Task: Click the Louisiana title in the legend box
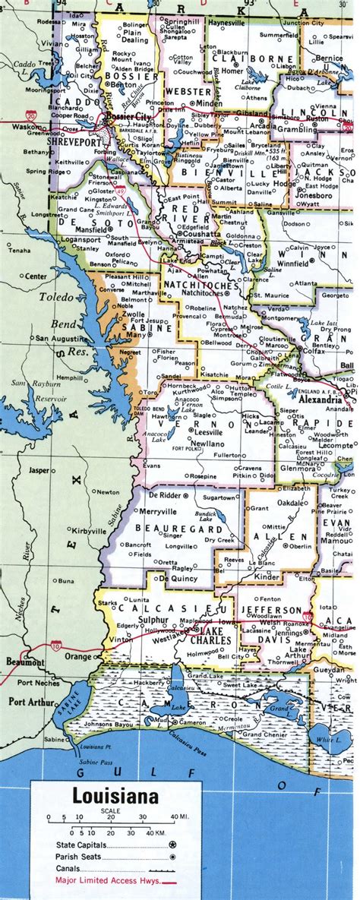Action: pyautogui.click(x=115, y=797)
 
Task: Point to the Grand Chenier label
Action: pyautogui.click(x=264, y=734)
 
